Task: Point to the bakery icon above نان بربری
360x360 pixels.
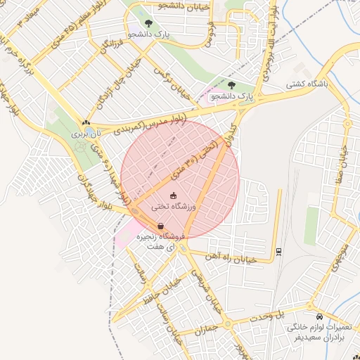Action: [x=86, y=122]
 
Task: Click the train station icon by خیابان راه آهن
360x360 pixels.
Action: [x=279, y=251]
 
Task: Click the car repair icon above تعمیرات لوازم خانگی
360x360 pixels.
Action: [x=321, y=316]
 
